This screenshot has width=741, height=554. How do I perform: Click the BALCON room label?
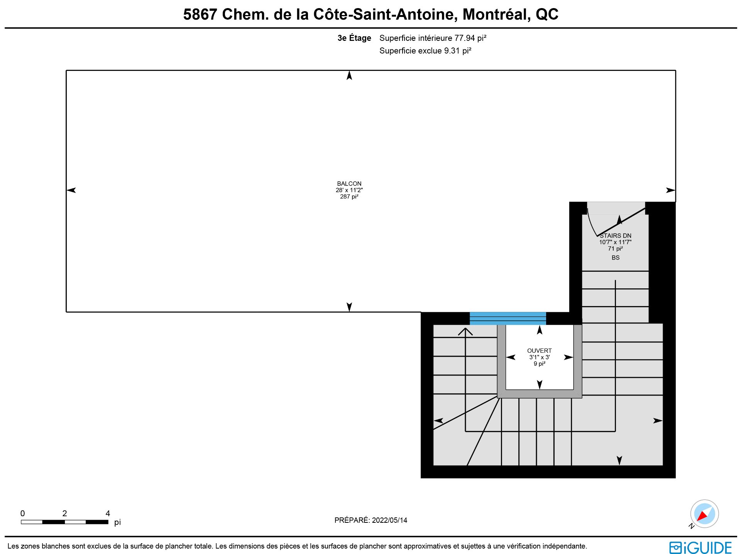click(349, 184)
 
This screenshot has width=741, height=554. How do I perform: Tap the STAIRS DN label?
click(616, 236)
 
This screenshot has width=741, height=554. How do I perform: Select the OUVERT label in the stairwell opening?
click(539, 350)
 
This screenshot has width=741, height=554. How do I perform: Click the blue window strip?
click(508, 318)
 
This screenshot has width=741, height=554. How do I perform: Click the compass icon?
click(704, 514)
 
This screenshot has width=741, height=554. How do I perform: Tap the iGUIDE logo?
click(700, 547)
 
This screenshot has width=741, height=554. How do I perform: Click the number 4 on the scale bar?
click(108, 513)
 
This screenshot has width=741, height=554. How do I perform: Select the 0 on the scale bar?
click(22, 513)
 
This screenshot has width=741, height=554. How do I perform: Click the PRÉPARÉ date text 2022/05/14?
click(389, 520)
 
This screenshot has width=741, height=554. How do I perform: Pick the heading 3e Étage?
click(354, 38)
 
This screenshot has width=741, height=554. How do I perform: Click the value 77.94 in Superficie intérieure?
click(464, 38)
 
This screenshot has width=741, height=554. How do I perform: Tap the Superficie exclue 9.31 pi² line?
click(425, 51)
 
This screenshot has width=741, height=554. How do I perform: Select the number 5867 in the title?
click(200, 14)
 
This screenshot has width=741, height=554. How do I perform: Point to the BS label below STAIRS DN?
click(616, 258)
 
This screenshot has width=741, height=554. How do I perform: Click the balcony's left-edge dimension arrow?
click(71, 190)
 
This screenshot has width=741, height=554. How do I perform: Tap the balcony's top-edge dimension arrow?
click(349, 75)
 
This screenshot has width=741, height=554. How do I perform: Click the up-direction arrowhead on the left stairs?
click(465, 331)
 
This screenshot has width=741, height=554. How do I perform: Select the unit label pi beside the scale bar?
click(117, 522)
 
